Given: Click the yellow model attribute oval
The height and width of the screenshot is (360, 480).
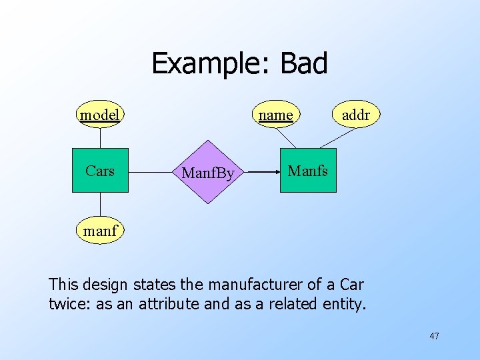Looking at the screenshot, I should pyautogui.click(x=100, y=115).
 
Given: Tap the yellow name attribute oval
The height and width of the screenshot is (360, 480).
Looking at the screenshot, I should pyautogui.click(x=276, y=115).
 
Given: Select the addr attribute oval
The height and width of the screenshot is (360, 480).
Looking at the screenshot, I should pyautogui.click(x=355, y=115).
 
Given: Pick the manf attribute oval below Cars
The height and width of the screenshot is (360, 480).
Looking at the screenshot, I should pyautogui.click(x=100, y=231).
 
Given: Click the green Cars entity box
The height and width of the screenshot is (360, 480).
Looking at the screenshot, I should pyautogui.click(x=100, y=171).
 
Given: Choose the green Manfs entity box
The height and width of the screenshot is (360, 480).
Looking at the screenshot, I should pyautogui.click(x=308, y=171).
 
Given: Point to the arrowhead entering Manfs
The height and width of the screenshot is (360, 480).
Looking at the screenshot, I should pyautogui.click(x=275, y=171).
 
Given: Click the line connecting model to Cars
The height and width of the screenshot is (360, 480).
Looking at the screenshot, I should pyautogui.click(x=100, y=138).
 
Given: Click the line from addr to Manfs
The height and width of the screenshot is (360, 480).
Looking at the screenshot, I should pyautogui.click(x=338, y=137).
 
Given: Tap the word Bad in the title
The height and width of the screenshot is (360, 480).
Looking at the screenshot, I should pyautogui.click(x=304, y=64).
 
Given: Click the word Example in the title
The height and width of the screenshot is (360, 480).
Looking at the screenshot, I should pyautogui.click(x=209, y=64).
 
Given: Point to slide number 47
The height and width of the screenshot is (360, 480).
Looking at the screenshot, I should pyautogui.click(x=434, y=336).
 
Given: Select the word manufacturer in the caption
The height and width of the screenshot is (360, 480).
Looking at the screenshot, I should pyautogui.click(x=257, y=285).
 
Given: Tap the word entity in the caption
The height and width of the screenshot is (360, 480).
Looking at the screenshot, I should pyautogui.click(x=343, y=304).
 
